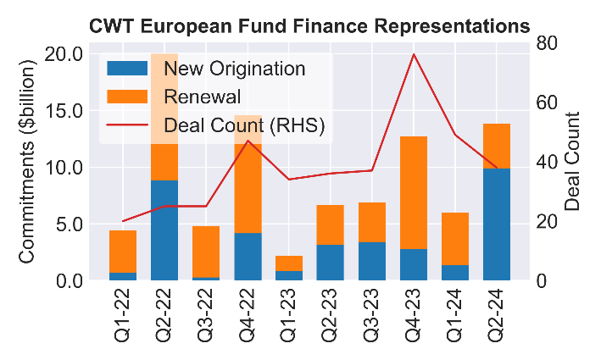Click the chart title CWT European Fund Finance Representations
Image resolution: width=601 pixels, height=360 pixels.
coord(309,26)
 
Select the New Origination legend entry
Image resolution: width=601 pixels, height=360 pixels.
coord(234,68)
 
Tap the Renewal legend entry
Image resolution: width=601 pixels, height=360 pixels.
coord(203,97)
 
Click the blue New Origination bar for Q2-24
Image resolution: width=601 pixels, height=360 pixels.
coord(497,224)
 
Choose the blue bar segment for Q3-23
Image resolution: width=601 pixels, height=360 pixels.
coord(372,261)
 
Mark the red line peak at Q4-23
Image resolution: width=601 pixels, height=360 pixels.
coord(414,54)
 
